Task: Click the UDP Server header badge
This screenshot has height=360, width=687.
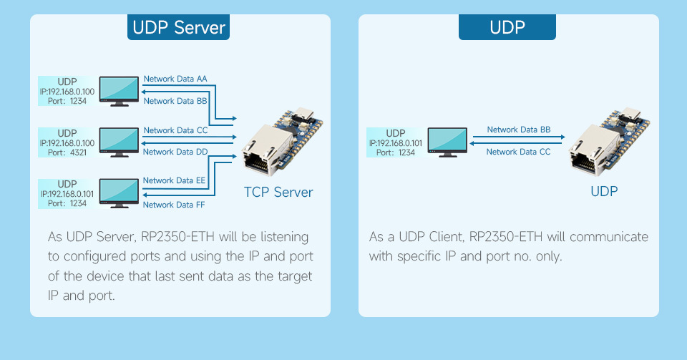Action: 179,28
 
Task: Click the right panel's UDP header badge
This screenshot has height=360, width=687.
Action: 507,28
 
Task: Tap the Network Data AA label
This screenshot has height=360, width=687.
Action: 175,79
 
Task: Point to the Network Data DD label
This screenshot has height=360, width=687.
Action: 175,152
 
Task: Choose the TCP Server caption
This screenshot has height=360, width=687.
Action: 278,193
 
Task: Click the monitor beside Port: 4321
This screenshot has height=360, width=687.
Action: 119,142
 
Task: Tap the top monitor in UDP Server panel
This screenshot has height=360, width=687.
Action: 119,91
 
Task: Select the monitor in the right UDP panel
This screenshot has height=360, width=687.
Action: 447,142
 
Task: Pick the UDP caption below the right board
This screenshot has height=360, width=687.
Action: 603,192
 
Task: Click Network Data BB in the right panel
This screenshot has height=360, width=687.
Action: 519,130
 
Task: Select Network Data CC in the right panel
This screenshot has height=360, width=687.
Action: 519,152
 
